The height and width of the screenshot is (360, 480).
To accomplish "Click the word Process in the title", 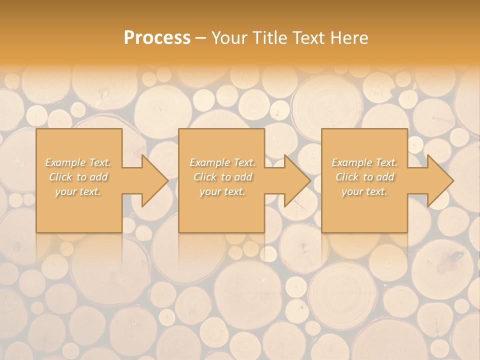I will tap(157, 38).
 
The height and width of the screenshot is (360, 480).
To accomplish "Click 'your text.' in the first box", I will tap(78, 191).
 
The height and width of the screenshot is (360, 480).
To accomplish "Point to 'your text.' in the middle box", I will tap(222, 191).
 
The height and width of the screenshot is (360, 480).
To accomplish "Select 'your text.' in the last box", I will tap(364, 191).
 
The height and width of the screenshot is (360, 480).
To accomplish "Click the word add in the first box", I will tap(99, 177).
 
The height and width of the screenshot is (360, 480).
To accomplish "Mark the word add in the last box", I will tap(385, 177).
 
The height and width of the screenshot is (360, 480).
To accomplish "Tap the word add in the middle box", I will tap(243, 177).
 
